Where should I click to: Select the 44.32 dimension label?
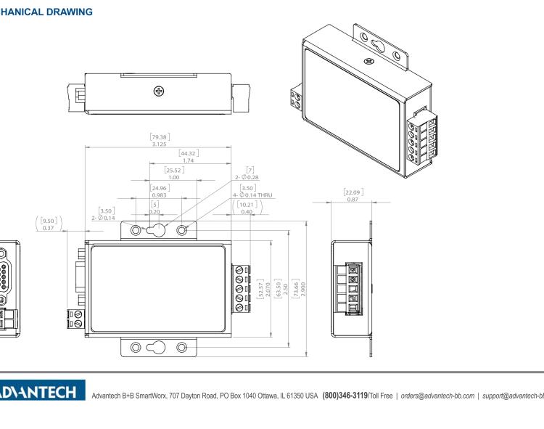pyautogui.click(x=189, y=152)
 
